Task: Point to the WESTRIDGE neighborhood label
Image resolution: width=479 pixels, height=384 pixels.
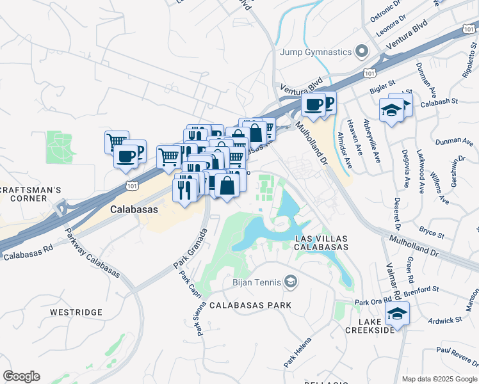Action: click(x=76, y=312)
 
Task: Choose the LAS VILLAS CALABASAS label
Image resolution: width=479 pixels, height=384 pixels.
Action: click(x=321, y=242)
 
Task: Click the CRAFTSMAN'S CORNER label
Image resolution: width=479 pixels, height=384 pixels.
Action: click(x=31, y=194)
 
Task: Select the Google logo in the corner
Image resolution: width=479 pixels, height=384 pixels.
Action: click(x=21, y=376)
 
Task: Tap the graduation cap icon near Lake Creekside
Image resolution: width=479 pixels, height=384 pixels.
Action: click(x=397, y=314)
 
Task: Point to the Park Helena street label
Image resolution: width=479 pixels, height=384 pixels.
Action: click(x=298, y=352)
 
